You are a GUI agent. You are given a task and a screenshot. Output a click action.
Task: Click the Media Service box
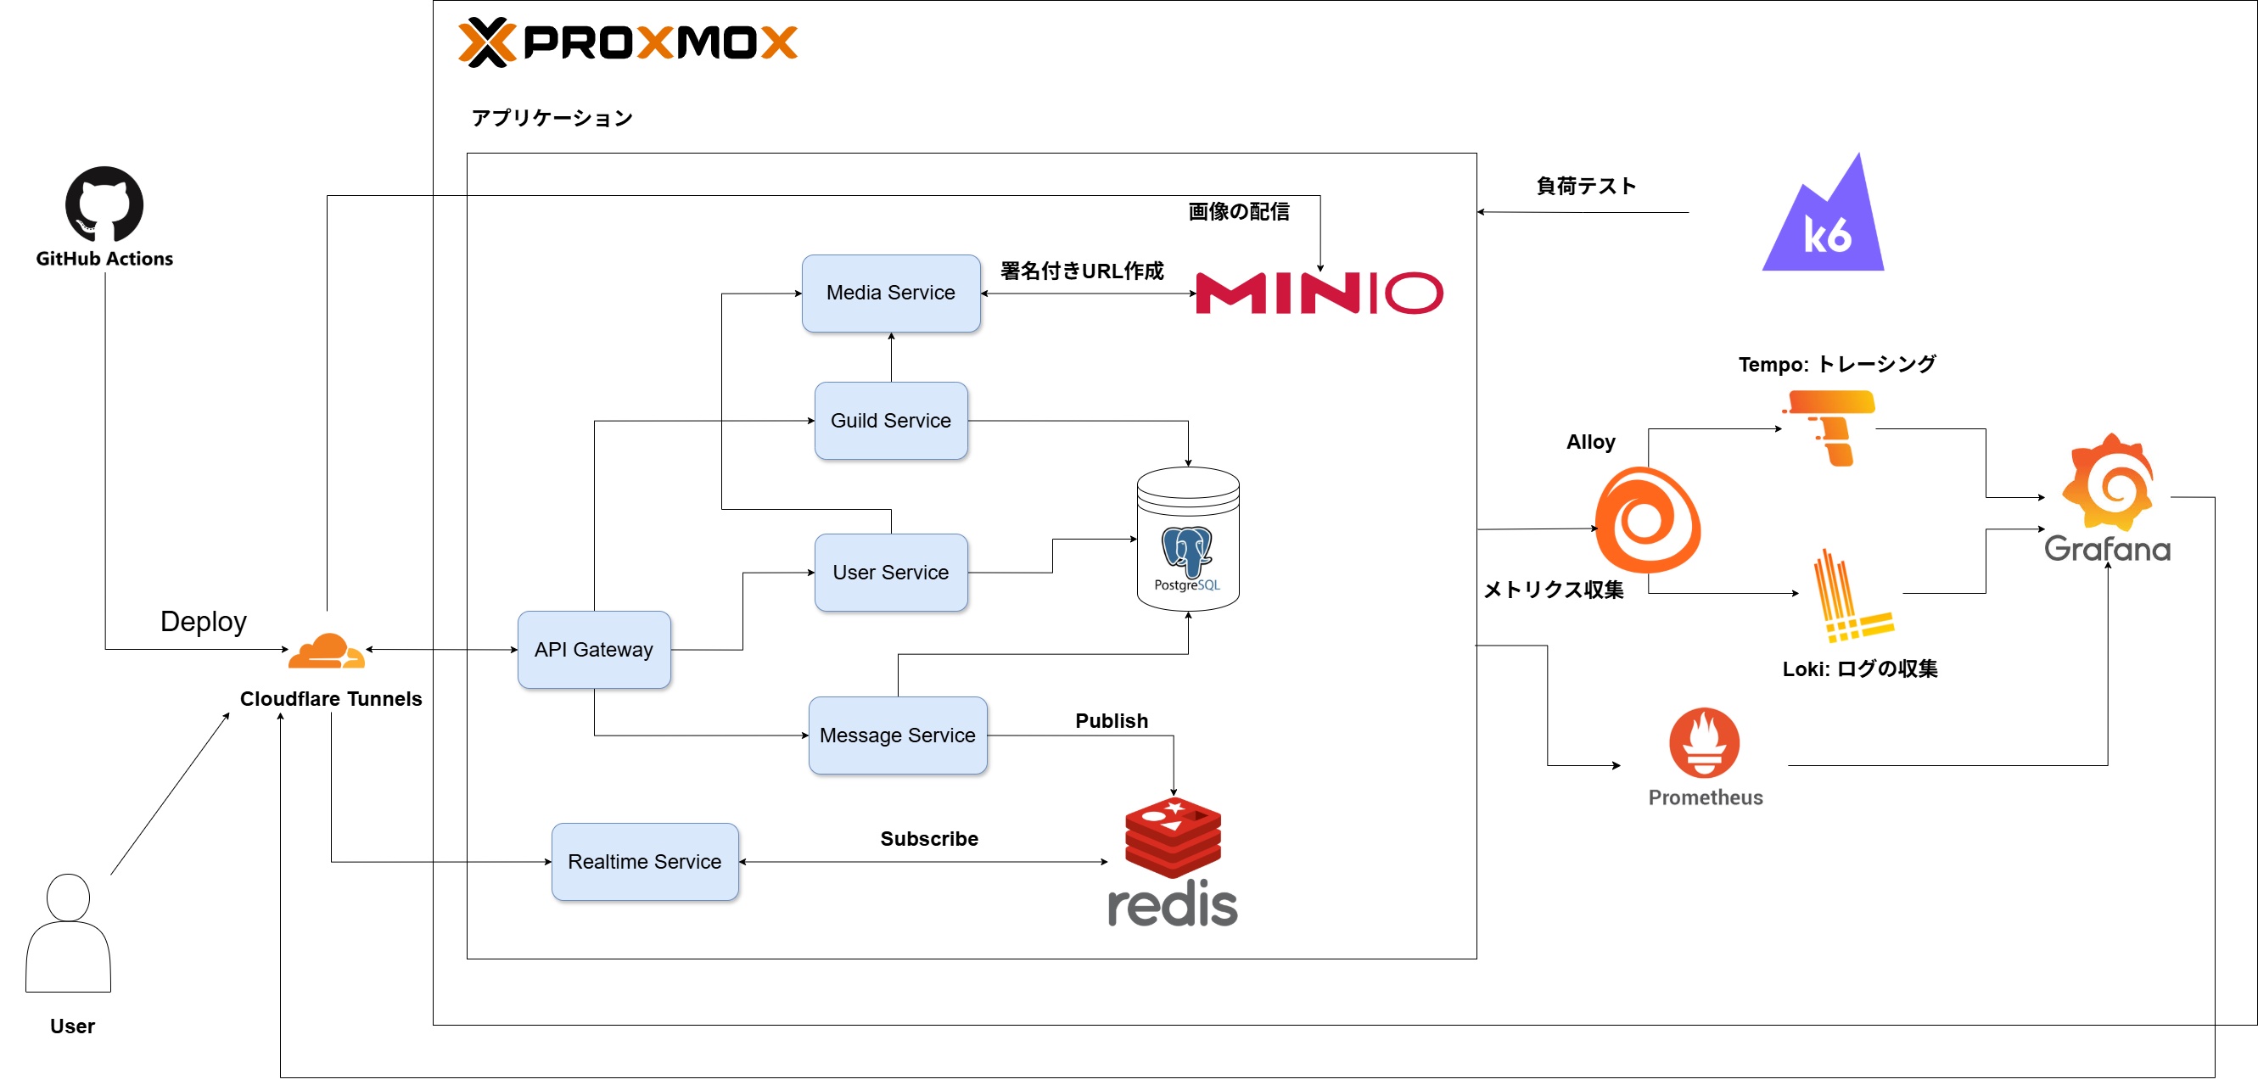coord(891,293)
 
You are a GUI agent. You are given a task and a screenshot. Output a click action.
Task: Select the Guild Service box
coord(891,421)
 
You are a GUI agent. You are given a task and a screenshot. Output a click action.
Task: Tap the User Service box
coord(891,573)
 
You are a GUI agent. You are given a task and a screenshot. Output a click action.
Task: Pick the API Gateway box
coord(593,650)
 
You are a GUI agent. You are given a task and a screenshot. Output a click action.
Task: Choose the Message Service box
coord(897,735)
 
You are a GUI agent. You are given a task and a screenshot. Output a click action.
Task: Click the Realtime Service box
coord(644,862)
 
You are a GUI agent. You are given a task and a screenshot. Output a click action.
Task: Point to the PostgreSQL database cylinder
coord(1188,539)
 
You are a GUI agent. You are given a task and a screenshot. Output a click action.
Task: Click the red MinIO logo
coord(1319,293)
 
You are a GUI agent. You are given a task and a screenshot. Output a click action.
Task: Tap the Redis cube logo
coord(1173,837)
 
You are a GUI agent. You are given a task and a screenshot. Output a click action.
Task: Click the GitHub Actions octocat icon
coord(104,204)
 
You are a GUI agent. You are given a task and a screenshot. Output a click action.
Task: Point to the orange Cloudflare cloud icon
coord(326,652)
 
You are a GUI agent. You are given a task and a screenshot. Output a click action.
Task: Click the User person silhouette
coord(69,932)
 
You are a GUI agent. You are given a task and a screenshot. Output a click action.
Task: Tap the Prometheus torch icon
coord(1704,743)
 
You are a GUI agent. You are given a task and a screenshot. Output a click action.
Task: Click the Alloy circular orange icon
coord(1647,520)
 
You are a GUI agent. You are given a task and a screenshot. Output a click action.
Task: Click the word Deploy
coord(204,621)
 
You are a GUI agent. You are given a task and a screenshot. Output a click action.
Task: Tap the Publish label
coord(1112,720)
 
